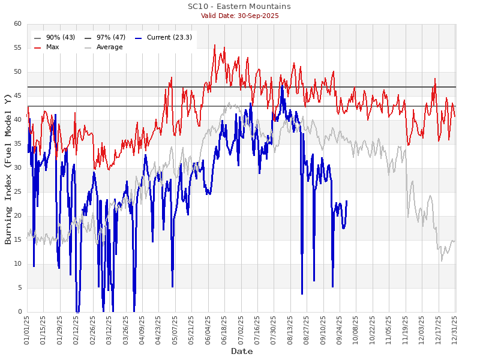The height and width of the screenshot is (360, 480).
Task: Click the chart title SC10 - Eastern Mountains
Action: click(x=239, y=7)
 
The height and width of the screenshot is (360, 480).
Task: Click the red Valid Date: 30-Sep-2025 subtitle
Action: click(x=239, y=16)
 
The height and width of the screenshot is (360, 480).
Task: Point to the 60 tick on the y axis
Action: click(x=17, y=24)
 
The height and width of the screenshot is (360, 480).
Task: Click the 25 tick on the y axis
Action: click(x=17, y=192)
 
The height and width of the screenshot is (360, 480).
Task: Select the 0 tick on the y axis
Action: click(x=19, y=312)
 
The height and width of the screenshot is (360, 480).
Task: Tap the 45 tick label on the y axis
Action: click(x=17, y=96)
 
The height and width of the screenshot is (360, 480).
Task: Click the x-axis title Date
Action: click(x=242, y=351)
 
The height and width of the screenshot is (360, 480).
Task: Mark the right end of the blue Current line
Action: click(x=347, y=201)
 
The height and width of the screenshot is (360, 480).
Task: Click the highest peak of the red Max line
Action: click(x=214, y=44)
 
